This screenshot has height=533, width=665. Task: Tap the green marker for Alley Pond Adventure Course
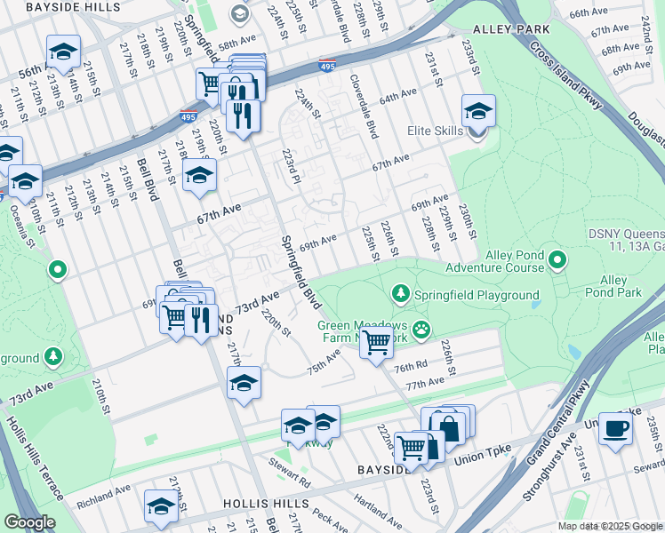pos(557,260)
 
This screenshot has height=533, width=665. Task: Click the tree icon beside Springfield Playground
pos(401,293)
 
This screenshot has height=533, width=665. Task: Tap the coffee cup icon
pos(615,427)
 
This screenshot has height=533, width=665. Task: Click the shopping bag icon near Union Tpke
pos(449,427)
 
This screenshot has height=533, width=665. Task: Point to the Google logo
pos(29,522)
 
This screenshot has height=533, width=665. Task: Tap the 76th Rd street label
pos(412,367)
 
